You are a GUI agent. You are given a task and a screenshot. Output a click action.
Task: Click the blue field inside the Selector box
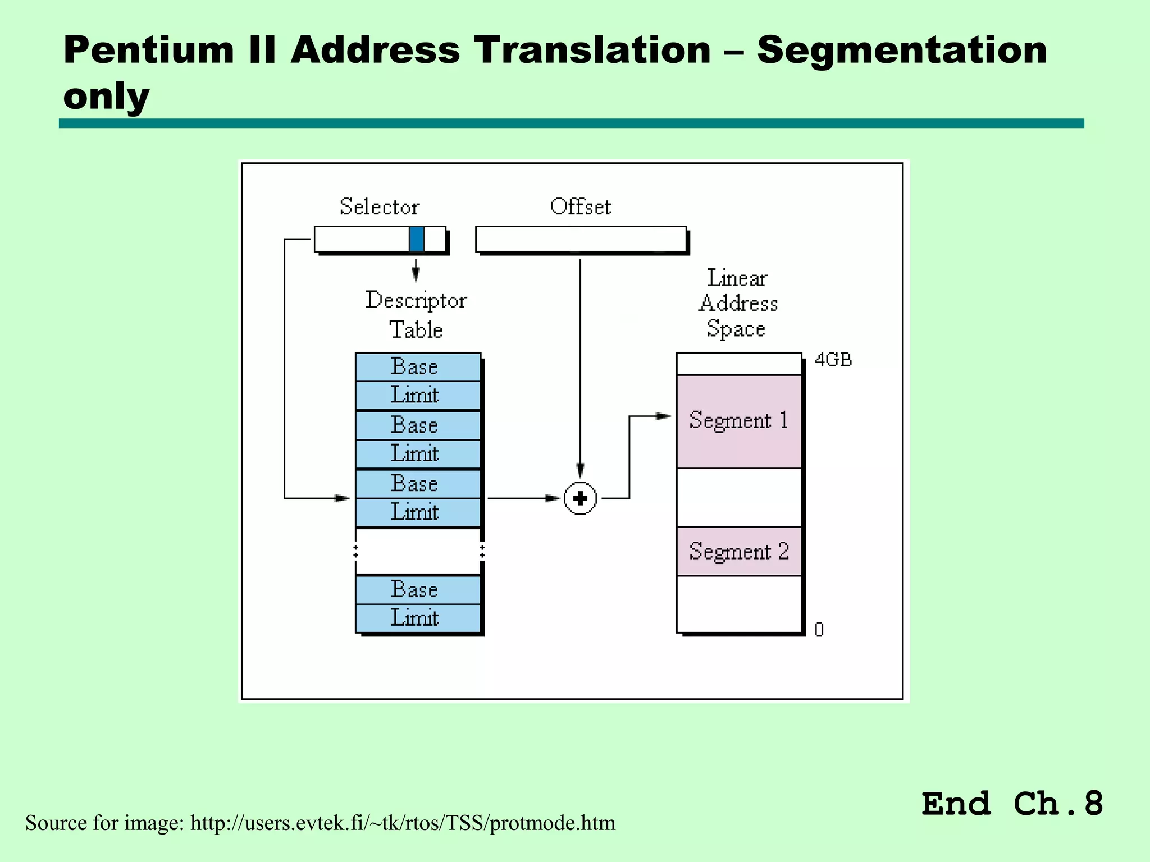pyautogui.click(x=416, y=239)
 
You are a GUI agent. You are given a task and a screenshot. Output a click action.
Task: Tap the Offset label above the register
pyautogui.click(x=580, y=207)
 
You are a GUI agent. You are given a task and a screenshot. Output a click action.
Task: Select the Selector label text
pyautogui.click(x=380, y=207)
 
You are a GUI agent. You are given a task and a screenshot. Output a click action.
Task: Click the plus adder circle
pyautogui.click(x=580, y=498)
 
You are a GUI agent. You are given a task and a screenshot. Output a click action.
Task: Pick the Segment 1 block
pyautogui.click(x=738, y=421)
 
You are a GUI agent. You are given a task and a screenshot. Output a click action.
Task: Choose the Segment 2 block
pyautogui.click(x=738, y=551)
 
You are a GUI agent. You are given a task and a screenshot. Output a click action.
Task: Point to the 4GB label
pyautogui.click(x=833, y=360)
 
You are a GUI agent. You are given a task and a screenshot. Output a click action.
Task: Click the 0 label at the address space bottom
pyautogui.click(x=819, y=630)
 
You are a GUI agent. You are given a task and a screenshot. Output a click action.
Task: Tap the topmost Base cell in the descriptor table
pyautogui.click(x=417, y=367)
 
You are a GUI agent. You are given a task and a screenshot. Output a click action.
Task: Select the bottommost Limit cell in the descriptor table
pyautogui.click(x=417, y=618)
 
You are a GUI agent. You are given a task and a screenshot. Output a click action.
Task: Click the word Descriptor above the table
pyautogui.click(x=416, y=301)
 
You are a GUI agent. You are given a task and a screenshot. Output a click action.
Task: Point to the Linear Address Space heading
pyautogui.click(x=738, y=303)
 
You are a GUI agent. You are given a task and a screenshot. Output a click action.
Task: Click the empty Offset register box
pyautogui.click(x=581, y=239)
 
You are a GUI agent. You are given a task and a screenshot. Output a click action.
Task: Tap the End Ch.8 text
pyautogui.click(x=1012, y=804)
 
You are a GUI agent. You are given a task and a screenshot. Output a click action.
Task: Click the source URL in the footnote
pyautogui.click(x=403, y=823)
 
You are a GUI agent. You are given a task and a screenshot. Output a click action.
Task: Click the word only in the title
pyautogui.click(x=106, y=96)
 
